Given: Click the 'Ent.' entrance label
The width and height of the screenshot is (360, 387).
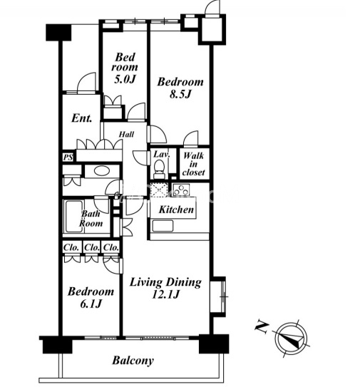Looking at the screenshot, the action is (82, 118).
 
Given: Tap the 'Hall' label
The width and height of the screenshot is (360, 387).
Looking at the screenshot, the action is (126, 135).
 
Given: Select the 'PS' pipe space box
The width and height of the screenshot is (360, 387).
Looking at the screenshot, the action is (68, 157).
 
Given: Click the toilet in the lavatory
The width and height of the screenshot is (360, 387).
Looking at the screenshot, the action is (159, 169).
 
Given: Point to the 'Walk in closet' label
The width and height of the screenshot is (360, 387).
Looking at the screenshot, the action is (194, 164).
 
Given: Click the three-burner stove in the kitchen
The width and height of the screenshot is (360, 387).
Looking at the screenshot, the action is (181, 190).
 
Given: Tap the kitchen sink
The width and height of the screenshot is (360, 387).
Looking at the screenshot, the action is (163, 226).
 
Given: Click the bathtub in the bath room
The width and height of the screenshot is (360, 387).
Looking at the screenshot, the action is (73, 217).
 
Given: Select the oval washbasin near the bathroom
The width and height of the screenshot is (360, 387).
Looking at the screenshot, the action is (102, 171).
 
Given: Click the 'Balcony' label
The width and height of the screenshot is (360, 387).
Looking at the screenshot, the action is (133, 361).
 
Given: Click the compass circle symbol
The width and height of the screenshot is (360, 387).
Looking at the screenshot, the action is (291, 339).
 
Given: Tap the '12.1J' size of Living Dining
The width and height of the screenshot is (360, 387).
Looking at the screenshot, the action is (165, 294).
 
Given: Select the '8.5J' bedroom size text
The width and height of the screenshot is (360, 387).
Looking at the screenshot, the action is (180, 94).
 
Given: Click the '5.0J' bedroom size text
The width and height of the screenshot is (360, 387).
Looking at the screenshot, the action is (125, 79).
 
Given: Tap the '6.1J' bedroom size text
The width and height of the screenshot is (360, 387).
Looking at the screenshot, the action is (91, 304).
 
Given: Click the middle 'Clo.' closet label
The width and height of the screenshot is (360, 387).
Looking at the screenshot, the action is (92, 247).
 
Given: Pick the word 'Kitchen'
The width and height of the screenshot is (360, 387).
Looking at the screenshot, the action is (176, 210).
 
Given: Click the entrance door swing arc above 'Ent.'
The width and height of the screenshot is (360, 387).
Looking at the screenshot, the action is (86, 78).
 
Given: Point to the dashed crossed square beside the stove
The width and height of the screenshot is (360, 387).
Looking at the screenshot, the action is (159, 190).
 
